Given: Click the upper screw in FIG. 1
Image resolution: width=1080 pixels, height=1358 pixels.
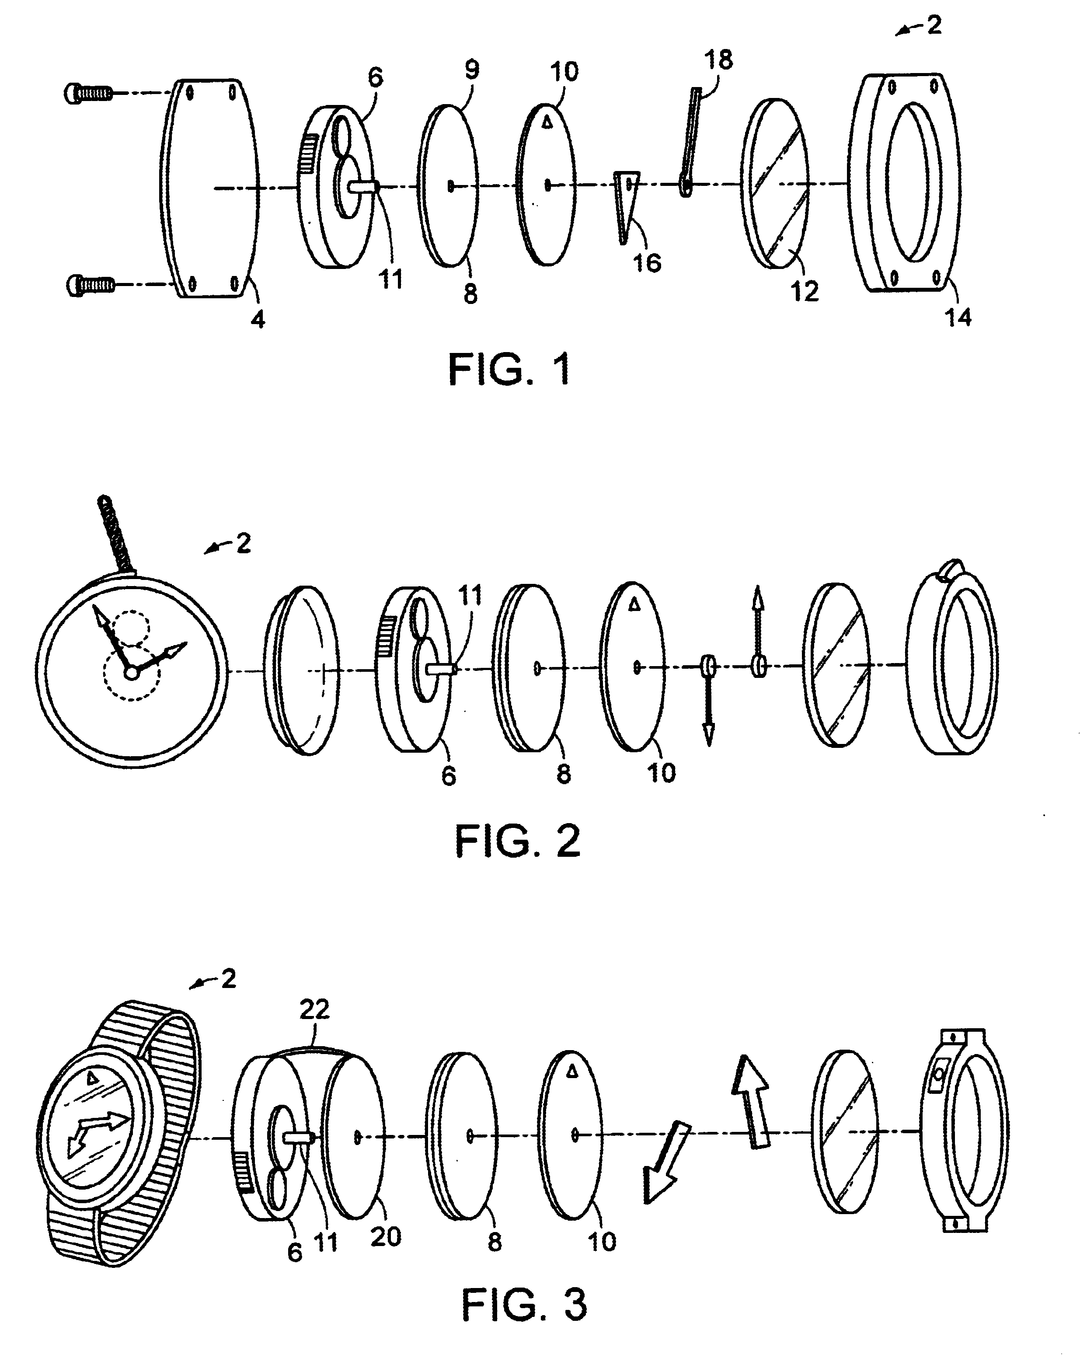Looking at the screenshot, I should click(x=88, y=94).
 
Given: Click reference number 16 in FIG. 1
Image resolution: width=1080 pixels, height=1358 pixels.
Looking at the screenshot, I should click(x=647, y=263).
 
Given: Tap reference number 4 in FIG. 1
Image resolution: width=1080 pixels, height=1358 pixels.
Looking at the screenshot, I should click(x=258, y=320).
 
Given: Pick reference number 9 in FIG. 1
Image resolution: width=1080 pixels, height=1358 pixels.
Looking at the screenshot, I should click(x=472, y=69).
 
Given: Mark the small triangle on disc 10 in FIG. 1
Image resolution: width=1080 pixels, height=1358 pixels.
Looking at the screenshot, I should click(x=547, y=123).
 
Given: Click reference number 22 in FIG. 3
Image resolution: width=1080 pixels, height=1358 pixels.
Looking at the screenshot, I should click(x=314, y=1010).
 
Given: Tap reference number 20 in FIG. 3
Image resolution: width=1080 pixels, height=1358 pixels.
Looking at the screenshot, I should click(x=385, y=1236).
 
